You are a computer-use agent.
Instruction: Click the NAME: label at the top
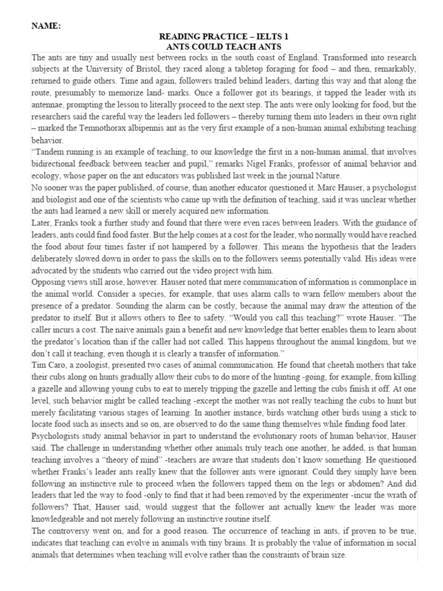pos(45,26)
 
